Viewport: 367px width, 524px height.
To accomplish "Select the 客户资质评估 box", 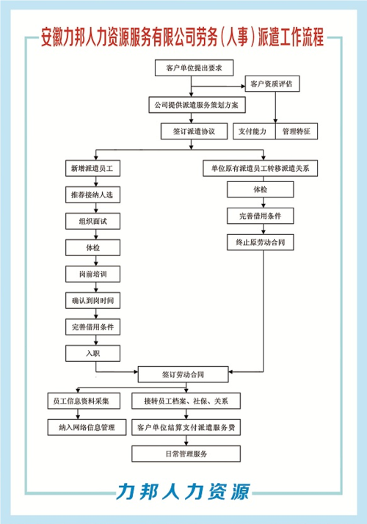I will click(x=271, y=84).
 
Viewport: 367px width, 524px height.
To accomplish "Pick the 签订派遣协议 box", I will click(x=189, y=132).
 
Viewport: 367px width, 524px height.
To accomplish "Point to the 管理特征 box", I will click(x=297, y=132).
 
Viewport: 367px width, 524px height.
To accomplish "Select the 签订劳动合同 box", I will click(x=183, y=374).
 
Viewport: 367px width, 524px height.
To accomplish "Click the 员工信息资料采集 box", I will click(x=83, y=401).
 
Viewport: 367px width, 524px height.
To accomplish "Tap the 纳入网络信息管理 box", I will click(x=83, y=427).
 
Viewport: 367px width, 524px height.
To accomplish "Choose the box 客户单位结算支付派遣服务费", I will click(x=186, y=427).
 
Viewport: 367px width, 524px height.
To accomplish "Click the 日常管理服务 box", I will click(x=186, y=454).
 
